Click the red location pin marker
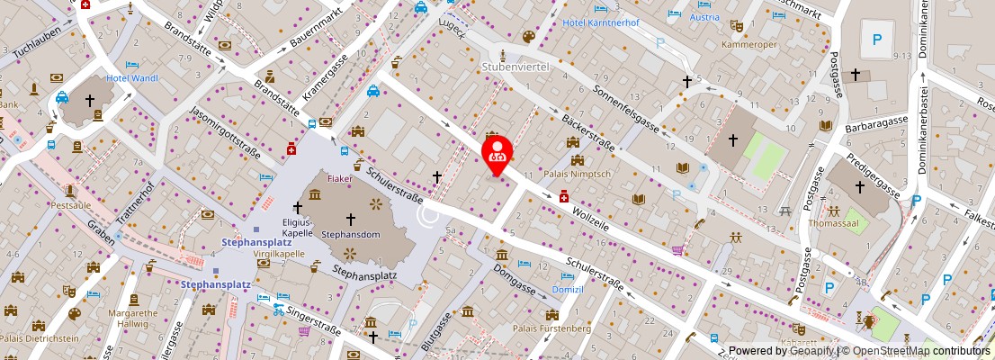(x=496, y=153)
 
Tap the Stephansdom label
(x=350, y=234)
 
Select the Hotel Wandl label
(x=132, y=78)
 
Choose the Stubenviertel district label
(x=515, y=66)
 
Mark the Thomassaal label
(x=834, y=222)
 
